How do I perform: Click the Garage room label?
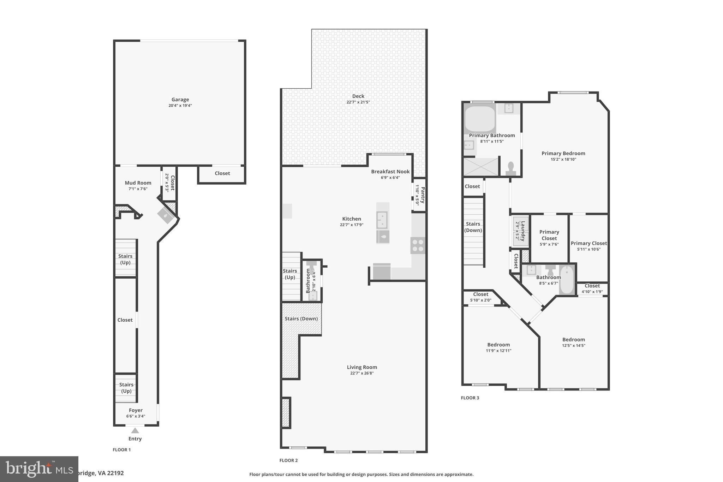[x=180, y=100]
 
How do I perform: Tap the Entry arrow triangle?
[x=135, y=430]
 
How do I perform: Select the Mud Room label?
[x=138, y=183]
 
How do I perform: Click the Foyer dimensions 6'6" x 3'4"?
[x=136, y=416]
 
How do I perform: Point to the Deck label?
[x=358, y=96]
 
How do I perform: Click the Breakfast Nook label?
[x=390, y=172]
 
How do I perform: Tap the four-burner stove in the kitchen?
[x=418, y=245]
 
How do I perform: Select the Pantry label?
[x=423, y=195]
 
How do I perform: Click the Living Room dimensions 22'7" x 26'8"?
[x=362, y=373]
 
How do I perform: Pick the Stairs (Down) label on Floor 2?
[x=301, y=319]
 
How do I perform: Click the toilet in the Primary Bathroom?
[x=510, y=168]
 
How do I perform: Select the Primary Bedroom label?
[x=563, y=153]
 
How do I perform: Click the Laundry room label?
[x=523, y=231]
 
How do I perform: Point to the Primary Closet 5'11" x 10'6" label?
[x=588, y=243]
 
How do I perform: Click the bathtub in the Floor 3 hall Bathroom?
[x=567, y=280]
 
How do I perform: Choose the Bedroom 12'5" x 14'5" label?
[x=573, y=339]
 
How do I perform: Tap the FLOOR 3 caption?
[x=470, y=398]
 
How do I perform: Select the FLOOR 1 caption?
[x=121, y=450]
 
